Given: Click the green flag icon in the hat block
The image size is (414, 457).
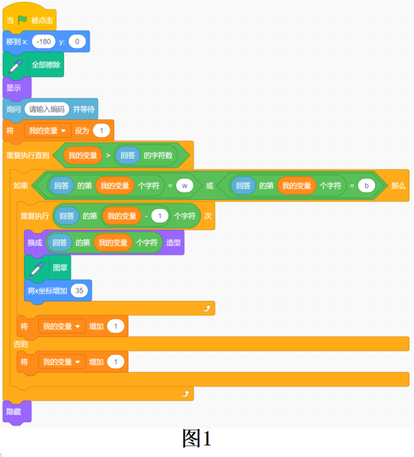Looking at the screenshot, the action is click(23, 20).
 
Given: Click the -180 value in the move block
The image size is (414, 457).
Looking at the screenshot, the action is click(43, 41).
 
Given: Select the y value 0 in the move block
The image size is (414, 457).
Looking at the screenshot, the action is click(77, 41).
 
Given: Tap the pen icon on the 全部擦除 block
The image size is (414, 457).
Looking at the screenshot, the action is click(15, 66).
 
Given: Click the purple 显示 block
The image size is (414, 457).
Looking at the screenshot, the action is click(17, 88).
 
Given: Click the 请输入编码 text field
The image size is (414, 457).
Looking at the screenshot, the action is click(47, 109).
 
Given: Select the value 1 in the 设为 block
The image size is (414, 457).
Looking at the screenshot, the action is click(102, 130).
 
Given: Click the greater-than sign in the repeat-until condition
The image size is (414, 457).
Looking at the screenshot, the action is click(108, 155).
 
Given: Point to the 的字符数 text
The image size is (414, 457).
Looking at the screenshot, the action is click(159, 155).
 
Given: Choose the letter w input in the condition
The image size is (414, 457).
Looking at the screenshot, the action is click(185, 185).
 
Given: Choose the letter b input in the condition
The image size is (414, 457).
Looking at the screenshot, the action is click(367, 185).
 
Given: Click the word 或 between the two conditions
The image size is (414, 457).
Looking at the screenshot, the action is click(210, 185).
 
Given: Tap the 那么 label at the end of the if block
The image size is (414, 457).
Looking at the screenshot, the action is click(398, 185).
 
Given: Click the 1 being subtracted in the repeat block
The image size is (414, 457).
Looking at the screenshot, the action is click(160, 216).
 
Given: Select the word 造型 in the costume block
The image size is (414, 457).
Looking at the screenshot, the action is click(173, 242).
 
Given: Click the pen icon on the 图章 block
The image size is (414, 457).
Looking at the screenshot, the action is click(37, 269).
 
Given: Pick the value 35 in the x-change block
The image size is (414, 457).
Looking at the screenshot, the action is click(79, 290).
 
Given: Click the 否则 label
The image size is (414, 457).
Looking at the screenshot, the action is click(20, 344).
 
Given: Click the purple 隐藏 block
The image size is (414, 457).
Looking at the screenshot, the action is click(17, 412).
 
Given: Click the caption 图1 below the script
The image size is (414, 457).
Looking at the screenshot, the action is click(197, 438).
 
